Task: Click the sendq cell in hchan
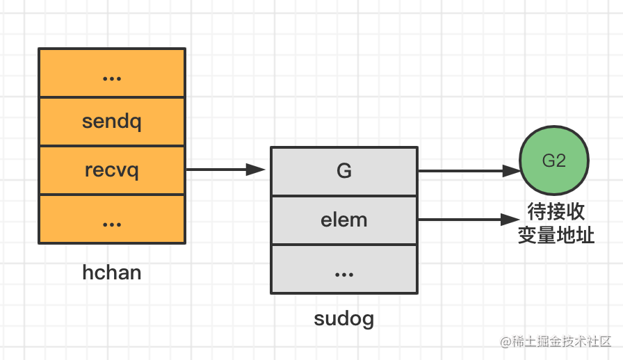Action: [112, 122]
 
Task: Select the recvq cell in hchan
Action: [112, 170]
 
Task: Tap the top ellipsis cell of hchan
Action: [112, 74]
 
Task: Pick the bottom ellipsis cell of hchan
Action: [112, 220]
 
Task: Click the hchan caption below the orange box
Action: [112, 272]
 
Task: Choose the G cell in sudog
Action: [344, 171]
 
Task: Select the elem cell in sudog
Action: [344, 220]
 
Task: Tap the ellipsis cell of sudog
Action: [344, 268]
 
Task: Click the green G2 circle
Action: [554, 161]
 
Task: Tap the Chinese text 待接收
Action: [555, 211]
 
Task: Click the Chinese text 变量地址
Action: [556, 235]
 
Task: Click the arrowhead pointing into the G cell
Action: [257, 170]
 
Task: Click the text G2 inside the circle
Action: [554, 161]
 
